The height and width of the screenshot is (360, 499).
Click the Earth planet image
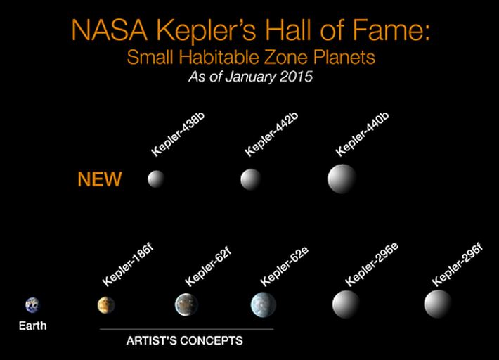(32, 305)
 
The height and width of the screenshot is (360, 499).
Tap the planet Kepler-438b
(156, 179)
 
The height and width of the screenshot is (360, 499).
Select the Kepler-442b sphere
(251, 179)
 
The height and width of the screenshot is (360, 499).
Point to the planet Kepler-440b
(342, 179)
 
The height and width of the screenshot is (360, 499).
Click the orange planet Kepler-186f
(106, 305)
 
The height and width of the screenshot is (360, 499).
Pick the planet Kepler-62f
(186, 304)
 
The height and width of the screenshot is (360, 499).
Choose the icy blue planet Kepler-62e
(263, 304)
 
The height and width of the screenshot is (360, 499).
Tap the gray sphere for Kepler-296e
(346, 304)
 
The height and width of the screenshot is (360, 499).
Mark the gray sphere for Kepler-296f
(438, 304)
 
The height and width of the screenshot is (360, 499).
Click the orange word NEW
(100, 179)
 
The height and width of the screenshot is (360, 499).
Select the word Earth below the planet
(32, 326)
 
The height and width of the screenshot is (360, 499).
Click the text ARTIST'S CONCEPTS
(185, 340)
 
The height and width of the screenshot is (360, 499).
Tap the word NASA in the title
(110, 30)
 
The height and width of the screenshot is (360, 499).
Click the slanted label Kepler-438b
(178, 134)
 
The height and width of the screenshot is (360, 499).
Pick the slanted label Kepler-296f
(457, 265)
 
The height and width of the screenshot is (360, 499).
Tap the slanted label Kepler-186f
(128, 265)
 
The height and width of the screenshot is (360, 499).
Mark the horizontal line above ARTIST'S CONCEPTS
(186, 329)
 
